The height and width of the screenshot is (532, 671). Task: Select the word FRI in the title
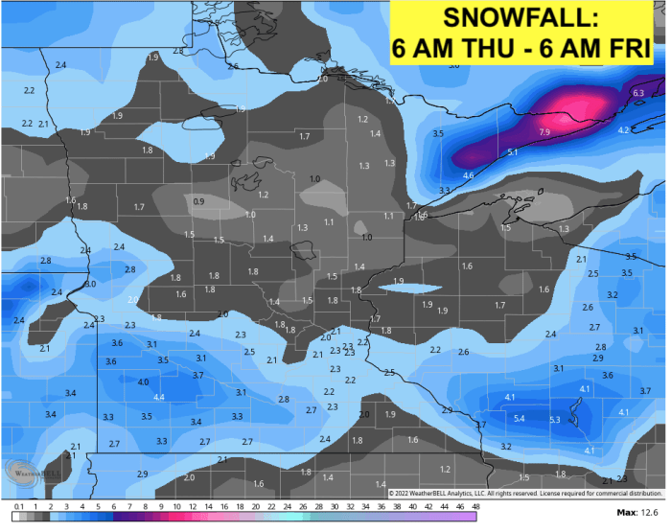pos(632,48)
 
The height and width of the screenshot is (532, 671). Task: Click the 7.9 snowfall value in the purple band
pos(544,131)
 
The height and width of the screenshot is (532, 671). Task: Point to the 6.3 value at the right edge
pos(638,92)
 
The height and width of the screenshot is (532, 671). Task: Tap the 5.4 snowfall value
pos(520,419)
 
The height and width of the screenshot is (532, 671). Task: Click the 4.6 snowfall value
pos(468,175)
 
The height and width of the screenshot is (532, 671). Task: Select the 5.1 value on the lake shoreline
pos(513,152)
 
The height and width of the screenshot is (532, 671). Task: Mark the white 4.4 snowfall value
pos(159,397)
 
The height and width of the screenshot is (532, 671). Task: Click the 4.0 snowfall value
pos(143,382)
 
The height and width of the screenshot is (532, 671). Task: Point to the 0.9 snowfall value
pos(198,201)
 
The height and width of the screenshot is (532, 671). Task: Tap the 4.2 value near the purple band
pos(622,129)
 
